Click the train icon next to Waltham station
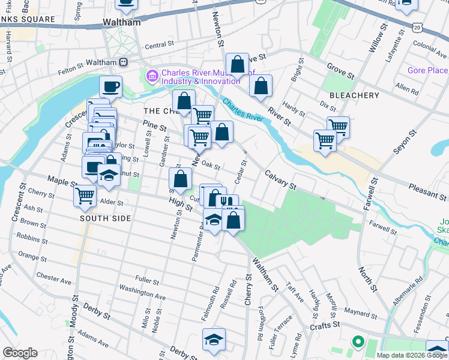(123, 62)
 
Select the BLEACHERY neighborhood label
(354, 95)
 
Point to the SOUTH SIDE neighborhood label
(106, 218)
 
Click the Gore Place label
(427, 70)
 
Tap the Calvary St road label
(281, 181)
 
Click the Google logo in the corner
(20, 352)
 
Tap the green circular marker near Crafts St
(358, 343)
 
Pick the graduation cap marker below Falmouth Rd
(214, 340)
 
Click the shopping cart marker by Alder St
(85, 195)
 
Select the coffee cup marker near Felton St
(110, 87)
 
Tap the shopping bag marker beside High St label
(180, 179)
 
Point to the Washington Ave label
(142, 292)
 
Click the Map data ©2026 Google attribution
(412, 355)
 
